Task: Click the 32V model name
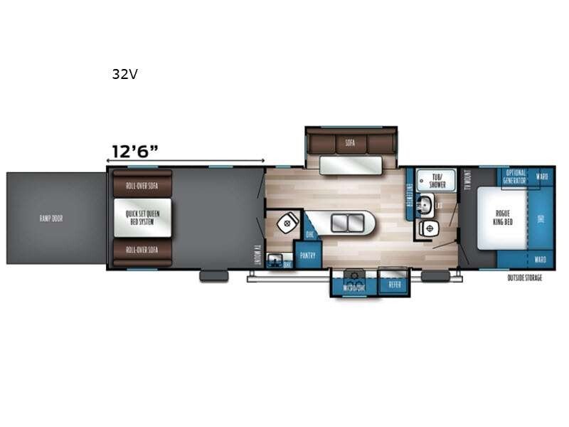tap(124, 73)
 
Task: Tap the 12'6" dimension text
tap(134, 151)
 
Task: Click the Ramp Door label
tap(51, 218)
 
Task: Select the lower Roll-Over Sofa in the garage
tap(142, 251)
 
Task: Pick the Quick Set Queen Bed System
tap(142, 218)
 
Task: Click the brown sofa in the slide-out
tap(350, 142)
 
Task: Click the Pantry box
tap(309, 253)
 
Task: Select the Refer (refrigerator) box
tap(395, 284)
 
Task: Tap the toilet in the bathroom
tap(430, 228)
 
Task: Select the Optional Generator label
tap(515, 177)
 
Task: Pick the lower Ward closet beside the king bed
tap(541, 259)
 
